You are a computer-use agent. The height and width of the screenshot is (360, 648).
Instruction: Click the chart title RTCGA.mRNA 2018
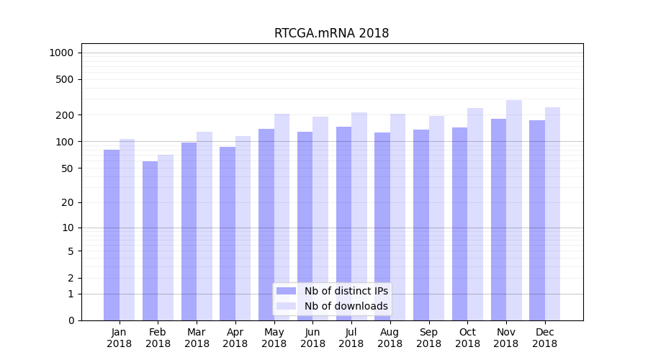click(x=331, y=34)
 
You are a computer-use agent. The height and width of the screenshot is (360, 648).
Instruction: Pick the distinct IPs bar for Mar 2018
click(x=189, y=231)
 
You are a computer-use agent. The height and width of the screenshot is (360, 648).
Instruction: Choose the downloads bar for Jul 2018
click(x=359, y=216)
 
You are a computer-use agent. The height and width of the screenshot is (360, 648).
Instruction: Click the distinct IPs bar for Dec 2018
click(x=537, y=220)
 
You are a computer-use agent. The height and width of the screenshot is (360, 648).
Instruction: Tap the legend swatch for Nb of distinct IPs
click(x=286, y=291)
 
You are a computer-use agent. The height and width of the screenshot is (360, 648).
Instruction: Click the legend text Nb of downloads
click(x=346, y=306)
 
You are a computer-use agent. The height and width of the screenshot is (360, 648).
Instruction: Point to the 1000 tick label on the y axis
click(x=61, y=53)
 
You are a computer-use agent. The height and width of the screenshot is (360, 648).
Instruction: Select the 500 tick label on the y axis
click(x=65, y=79)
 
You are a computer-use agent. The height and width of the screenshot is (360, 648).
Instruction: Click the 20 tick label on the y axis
click(x=67, y=202)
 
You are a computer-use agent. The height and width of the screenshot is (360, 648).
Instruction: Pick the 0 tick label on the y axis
click(x=71, y=320)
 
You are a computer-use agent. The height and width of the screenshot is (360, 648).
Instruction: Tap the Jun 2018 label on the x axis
click(x=312, y=338)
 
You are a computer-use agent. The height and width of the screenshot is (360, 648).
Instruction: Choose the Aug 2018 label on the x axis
click(x=390, y=338)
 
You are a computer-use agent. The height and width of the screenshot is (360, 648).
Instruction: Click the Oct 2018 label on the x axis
click(x=467, y=338)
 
